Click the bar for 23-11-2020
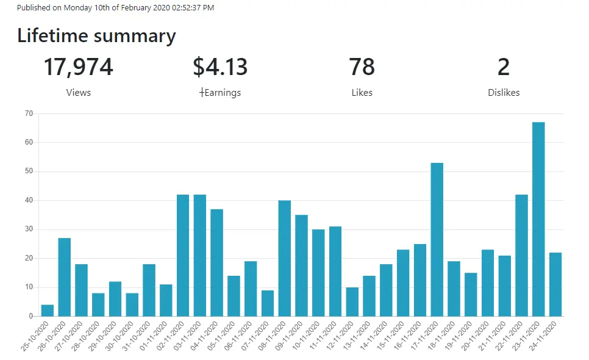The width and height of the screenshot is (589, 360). [538, 219]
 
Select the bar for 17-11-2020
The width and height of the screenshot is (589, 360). [437, 239]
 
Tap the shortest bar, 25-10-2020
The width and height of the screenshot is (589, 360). [48, 311]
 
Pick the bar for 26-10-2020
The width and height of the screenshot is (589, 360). [64, 277]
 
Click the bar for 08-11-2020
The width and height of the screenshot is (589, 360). [284, 258]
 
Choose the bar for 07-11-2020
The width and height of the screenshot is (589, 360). [268, 303]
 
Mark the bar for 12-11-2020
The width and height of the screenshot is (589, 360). [352, 302]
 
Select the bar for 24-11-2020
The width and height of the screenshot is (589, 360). [555, 284]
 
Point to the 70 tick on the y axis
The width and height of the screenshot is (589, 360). [29, 113]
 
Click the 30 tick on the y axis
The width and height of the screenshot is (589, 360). [29, 229]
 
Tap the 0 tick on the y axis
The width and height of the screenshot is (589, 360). [31, 316]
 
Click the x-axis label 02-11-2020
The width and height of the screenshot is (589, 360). [173, 336]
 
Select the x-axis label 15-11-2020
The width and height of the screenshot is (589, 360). [393, 336]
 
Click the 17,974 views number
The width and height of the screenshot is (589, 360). [78, 67]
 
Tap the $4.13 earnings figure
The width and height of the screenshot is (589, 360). [220, 67]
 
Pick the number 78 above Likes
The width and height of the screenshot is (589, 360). [362, 67]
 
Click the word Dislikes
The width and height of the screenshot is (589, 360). [504, 93]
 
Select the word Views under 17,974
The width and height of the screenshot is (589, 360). [79, 93]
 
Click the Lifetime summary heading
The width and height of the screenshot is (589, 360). [96, 36]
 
